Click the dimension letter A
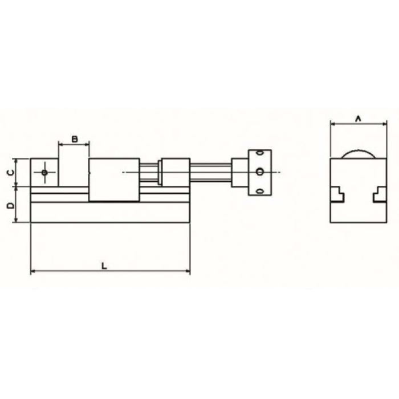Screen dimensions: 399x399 point(359,119)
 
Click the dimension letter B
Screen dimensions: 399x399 point(74,139)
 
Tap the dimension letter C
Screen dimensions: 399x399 point(10,173)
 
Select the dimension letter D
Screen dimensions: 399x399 point(10,205)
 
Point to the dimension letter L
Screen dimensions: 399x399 point(104,266)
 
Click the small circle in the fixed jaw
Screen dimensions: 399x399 point(45,173)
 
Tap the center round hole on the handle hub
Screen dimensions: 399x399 point(259,172)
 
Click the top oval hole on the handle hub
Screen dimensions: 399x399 point(260,153)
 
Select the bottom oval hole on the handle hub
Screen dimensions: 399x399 point(260,191)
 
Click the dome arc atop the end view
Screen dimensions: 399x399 point(359,150)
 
